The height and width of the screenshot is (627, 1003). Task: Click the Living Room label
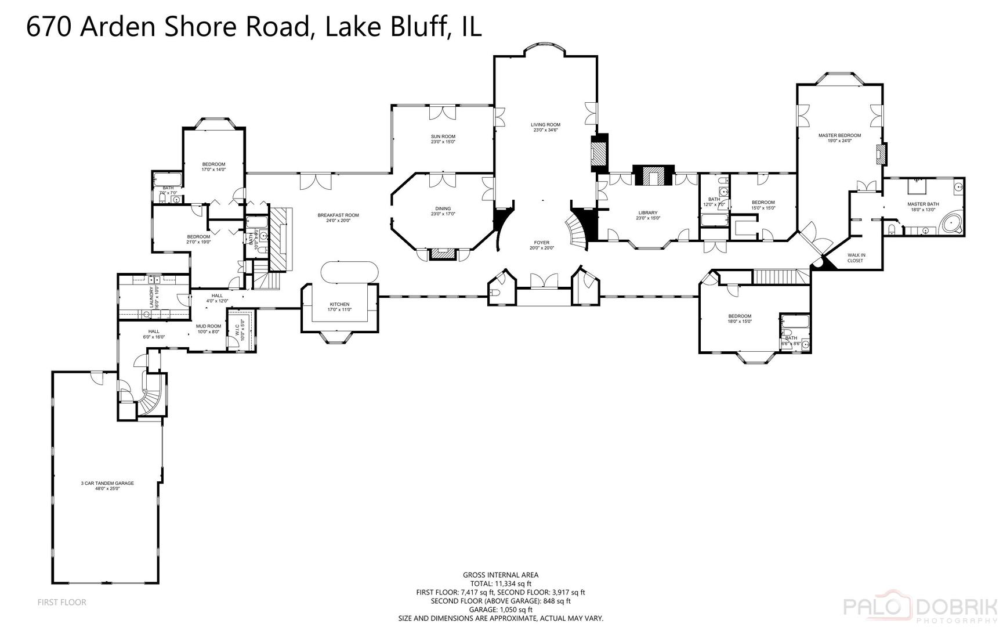pos(545,124)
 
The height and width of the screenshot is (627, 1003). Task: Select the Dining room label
pos(443,209)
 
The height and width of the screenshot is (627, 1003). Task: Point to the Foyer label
pos(541,243)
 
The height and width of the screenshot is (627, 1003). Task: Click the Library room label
pos(647,213)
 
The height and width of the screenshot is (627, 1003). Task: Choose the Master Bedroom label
pos(839,135)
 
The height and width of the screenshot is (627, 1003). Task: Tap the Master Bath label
pos(923,204)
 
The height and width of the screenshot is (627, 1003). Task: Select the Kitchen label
pos(339,304)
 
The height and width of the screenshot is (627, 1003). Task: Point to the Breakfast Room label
pos(338,215)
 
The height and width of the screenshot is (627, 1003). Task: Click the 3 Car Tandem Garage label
pos(107,483)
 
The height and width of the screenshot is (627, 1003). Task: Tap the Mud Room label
pos(208,326)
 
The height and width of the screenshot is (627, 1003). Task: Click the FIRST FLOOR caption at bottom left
pos(61,602)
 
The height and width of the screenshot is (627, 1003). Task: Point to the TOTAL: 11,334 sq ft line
pos(500,583)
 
